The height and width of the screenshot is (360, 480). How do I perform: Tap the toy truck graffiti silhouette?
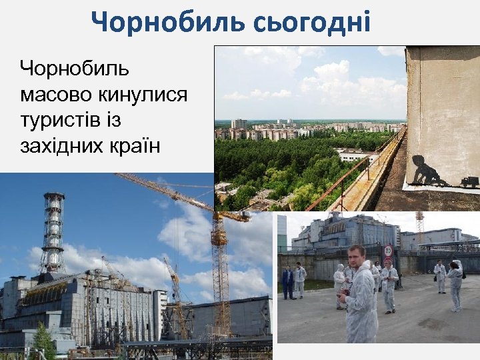(x=469, y=181)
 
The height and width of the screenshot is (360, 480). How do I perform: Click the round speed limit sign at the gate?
(x=387, y=252)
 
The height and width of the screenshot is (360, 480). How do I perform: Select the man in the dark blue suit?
(x=287, y=282)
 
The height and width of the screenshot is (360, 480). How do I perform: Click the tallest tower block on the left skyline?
(x=238, y=123)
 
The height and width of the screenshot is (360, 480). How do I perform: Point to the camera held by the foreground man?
(x=345, y=292)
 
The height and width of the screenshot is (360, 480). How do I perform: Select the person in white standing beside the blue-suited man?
(x=300, y=280)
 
